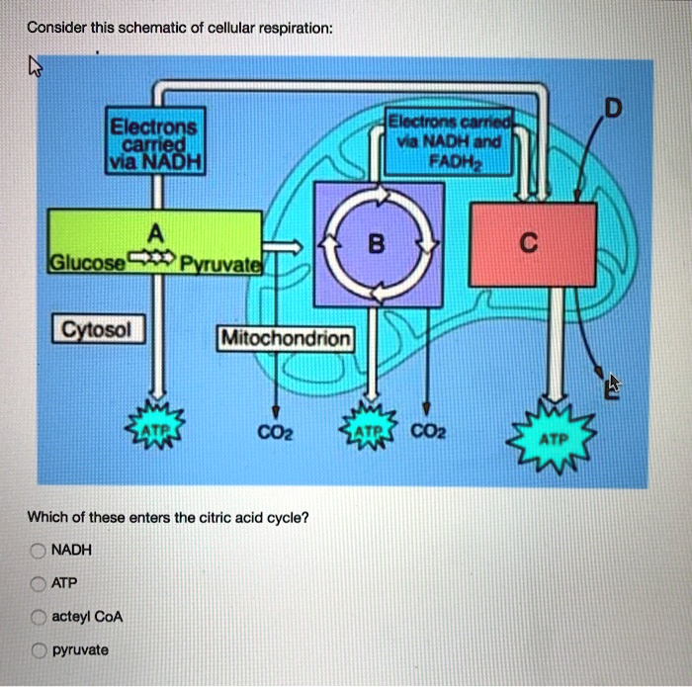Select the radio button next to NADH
(x=38, y=550)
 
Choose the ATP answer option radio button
(x=38, y=583)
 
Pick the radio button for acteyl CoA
(x=38, y=617)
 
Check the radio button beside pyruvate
(x=38, y=650)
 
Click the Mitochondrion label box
(x=286, y=339)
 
